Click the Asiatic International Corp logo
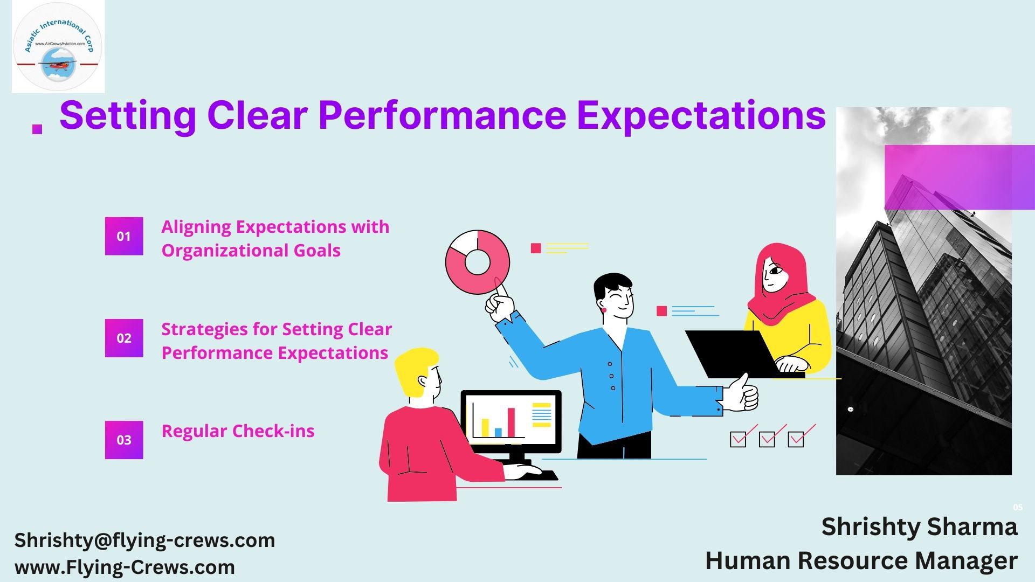pos(58,47)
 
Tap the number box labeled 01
pos(124,236)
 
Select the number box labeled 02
pos(124,338)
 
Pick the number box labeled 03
pos(124,440)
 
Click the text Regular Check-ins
pos(238,431)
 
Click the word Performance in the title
pos(442,115)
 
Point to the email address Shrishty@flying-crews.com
pos(144,540)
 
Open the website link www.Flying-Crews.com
pos(125,567)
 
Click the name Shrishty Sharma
pos(919,526)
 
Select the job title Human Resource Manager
pos(861,560)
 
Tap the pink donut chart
pos(478,262)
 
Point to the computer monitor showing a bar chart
pos(511,421)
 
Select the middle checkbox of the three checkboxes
pos(767,439)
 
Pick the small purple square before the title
pos(37,129)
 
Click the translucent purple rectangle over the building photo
pos(960,177)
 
